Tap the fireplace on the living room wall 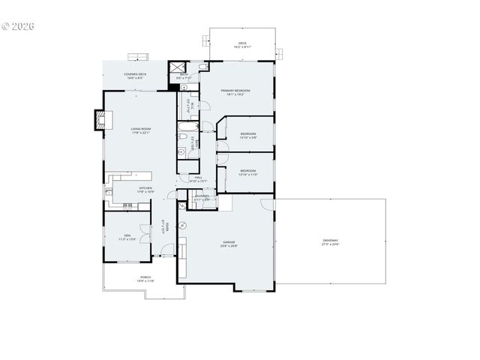coord(98,120)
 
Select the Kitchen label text coord(145,189)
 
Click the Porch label coord(145,279)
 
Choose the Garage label coord(229,243)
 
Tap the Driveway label coord(330,242)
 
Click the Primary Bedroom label coord(235,92)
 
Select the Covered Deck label coord(135,75)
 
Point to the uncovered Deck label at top coord(242,44)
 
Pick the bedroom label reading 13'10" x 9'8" coord(248,135)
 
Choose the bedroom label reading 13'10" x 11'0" coord(248,172)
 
